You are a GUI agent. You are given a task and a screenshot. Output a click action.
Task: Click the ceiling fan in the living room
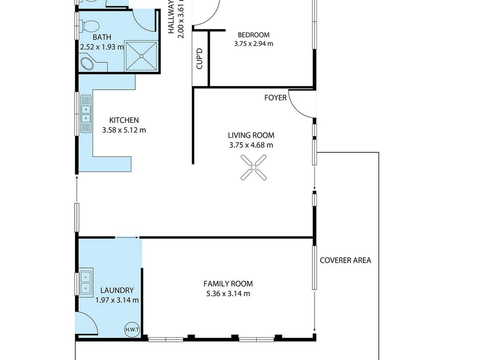[254, 167]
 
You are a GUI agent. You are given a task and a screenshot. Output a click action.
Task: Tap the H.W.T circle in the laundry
[132, 329]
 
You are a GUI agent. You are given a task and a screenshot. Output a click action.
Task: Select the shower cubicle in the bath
[142, 56]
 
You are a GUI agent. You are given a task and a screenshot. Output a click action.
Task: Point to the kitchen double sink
[86, 114]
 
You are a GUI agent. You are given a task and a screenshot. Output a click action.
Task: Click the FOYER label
[275, 98]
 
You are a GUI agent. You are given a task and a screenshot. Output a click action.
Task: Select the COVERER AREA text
[345, 260]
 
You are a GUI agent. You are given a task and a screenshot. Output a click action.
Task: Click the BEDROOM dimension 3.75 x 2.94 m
[254, 44]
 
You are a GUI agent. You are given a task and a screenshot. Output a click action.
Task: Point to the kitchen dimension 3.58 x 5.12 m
[124, 130]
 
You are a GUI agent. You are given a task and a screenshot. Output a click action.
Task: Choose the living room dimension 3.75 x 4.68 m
[251, 145]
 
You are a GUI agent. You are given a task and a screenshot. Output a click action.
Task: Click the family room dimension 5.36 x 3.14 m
[228, 294]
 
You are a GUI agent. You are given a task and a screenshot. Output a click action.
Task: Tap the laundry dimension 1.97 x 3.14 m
[117, 300]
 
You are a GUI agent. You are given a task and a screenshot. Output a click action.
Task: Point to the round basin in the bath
[87, 63]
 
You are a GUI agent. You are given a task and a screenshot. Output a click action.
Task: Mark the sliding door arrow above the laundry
[127, 238]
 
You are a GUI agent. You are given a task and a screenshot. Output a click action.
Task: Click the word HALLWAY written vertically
[172, 20]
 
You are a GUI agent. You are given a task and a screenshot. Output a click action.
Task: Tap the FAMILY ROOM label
[228, 284]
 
